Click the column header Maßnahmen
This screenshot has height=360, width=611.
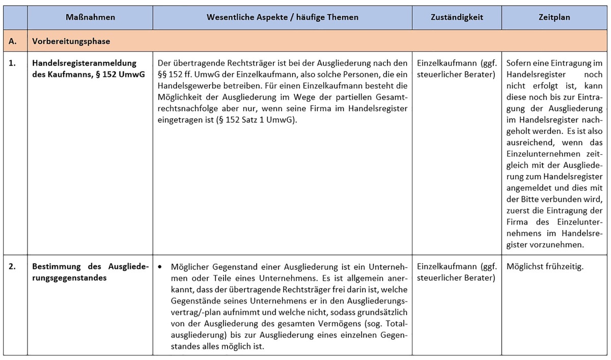click(x=90, y=17)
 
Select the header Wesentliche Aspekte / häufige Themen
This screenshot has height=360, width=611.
click(x=282, y=17)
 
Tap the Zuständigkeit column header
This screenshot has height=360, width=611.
click(x=457, y=17)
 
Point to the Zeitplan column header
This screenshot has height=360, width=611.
click(x=554, y=17)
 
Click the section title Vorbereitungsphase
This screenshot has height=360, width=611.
click(x=71, y=41)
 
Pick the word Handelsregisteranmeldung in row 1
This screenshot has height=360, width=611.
click(x=85, y=63)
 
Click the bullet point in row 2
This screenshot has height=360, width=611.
click(x=160, y=267)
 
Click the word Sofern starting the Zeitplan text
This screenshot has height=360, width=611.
click(x=521, y=63)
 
